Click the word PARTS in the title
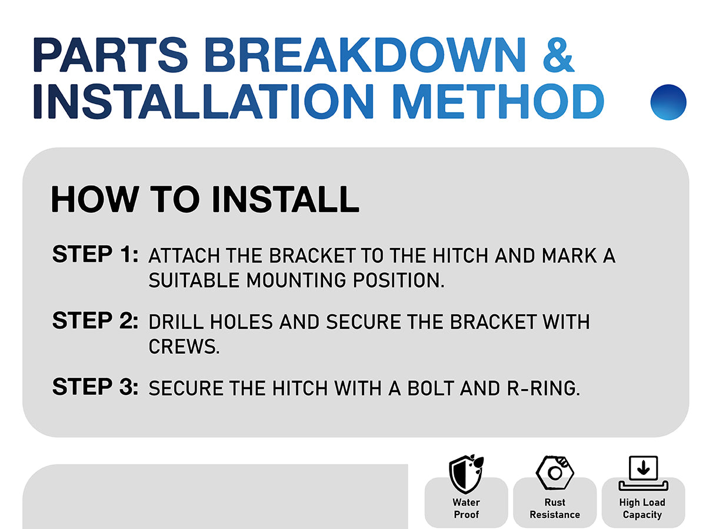coord(110,55)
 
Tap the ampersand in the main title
coord(558,55)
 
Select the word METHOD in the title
coord(498,101)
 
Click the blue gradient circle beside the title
coord(668,102)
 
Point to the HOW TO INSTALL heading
coord(205,199)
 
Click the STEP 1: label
coord(95,254)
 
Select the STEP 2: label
coord(95,320)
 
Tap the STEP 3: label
coord(95,386)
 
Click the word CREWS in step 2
coord(184,347)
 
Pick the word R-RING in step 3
coord(544,388)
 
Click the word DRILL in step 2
coord(176,322)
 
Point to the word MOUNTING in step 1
coord(296,280)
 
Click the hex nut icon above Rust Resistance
coord(555,473)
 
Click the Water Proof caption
coord(466,508)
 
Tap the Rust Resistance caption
coord(555,508)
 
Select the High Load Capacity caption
coord(642,508)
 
